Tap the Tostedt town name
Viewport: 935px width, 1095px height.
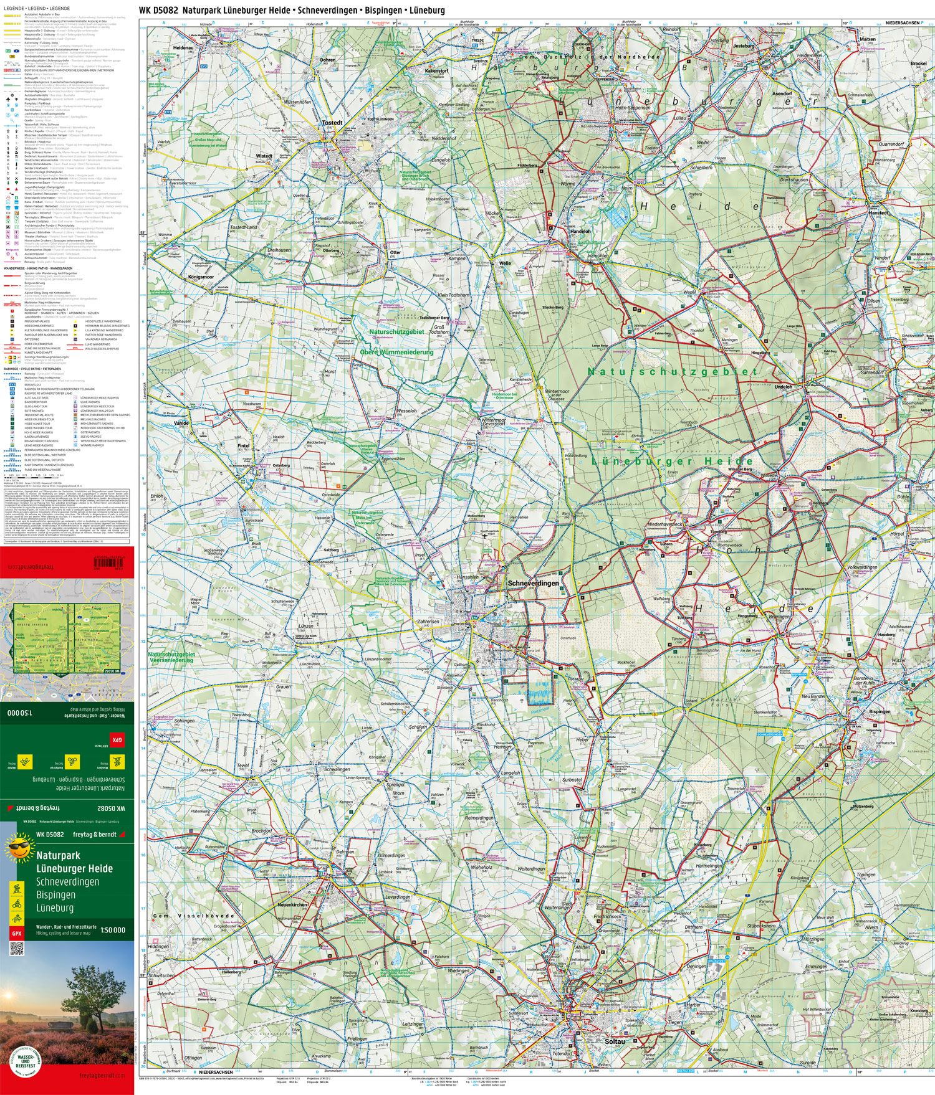tap(332, 123)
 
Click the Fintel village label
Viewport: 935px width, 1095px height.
tap(244, 446)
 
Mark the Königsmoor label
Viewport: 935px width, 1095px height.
tap(201, 277)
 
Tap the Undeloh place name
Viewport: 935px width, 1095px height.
tap(783, 387)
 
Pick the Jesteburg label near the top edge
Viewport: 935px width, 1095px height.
tap(743, 46)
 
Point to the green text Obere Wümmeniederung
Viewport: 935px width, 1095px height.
tap(396, 352)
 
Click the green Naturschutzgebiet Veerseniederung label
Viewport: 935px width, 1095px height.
tap(171, 657)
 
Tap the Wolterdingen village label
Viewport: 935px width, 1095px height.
tap(531, 869)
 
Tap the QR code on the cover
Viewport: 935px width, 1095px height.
tap(16, 949)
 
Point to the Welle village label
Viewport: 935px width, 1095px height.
tap(505, 263)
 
